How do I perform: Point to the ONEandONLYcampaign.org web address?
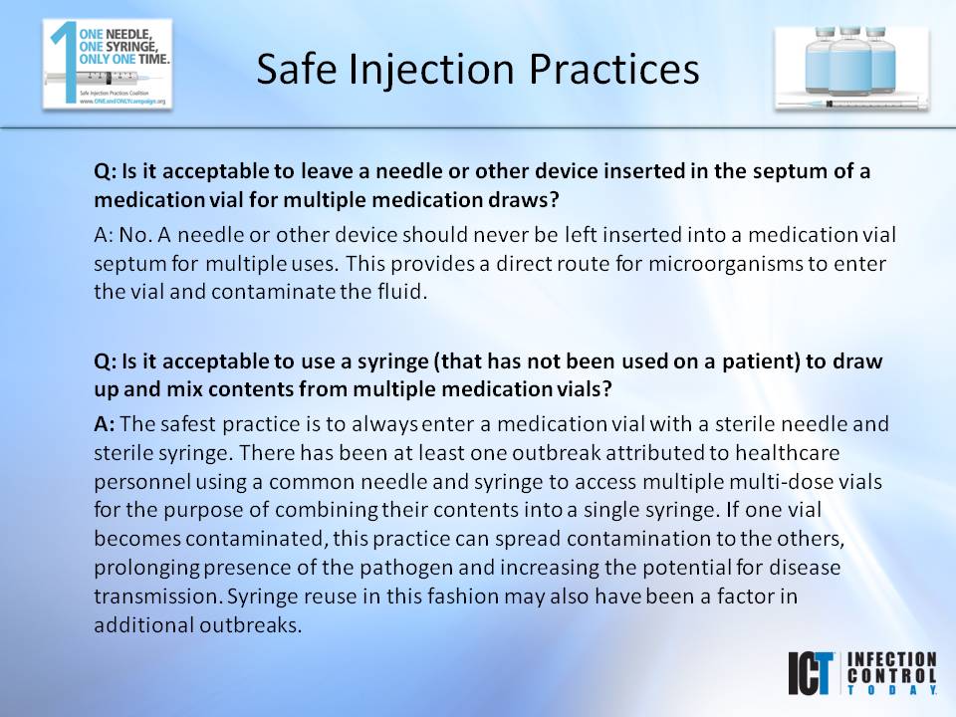(109, 101)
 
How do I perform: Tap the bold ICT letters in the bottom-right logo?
(812, 672)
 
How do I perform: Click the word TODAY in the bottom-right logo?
(890, 688)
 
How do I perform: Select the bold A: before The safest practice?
(105, 423)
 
